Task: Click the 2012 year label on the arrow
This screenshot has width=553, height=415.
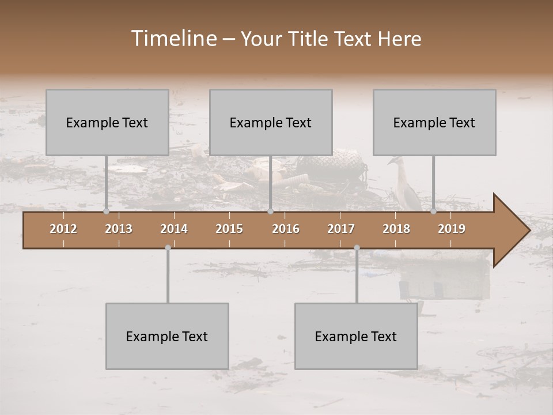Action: coord(63,229)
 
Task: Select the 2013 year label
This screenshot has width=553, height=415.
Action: coord(119,229)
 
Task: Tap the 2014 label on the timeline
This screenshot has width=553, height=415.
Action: coord(174,229)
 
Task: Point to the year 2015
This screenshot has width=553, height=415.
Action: coord(229,229)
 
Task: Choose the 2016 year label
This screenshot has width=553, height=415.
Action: coord(286,229)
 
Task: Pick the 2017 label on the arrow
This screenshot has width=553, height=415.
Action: coord(341,229)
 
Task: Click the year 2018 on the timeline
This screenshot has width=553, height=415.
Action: coord(396,229)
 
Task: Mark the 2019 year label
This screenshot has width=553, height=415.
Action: coord(452,229)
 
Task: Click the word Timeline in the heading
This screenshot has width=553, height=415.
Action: coord(173,39)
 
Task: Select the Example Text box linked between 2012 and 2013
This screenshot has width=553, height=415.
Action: coord(107,122)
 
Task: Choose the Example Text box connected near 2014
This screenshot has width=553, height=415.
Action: coord(167,336)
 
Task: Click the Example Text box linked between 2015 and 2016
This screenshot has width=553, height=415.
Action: coord(271,122)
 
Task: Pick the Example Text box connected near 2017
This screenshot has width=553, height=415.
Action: coord(356,336)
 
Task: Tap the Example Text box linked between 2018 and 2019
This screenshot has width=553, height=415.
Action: coord(434,122)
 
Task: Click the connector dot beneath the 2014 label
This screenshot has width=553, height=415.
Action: coord(168,248)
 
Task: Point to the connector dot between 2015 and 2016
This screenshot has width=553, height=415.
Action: coord(270,212)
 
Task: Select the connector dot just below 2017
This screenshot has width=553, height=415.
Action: coord(357,248)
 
